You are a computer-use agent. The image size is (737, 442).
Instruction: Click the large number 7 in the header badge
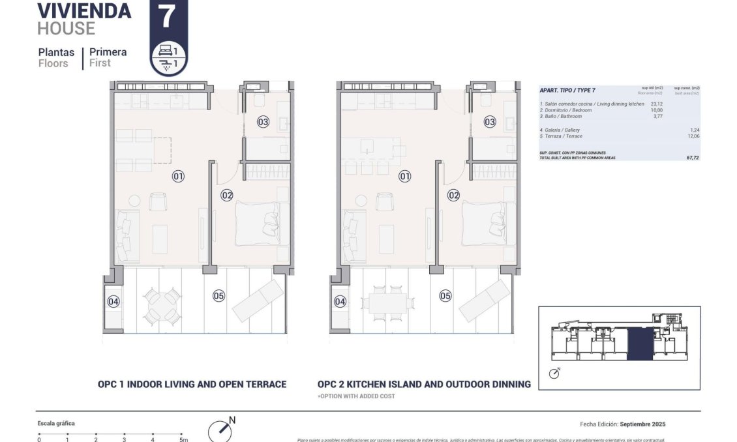[x=168, y=16]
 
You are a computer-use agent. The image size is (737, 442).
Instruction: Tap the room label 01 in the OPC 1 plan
[x=178, y=176]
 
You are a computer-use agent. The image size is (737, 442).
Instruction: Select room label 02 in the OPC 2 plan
[x=453, y=195]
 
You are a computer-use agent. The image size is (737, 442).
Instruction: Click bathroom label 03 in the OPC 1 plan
[x=263, y=122]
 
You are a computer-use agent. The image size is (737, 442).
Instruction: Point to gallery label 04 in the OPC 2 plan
[x=340, y=301]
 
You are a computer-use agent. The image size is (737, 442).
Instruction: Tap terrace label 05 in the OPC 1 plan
[x=218, y=296]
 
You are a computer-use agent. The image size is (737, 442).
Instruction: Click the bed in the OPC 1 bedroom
[x=257, y=223]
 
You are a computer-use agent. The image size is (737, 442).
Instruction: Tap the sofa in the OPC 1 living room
[x=123, y=235]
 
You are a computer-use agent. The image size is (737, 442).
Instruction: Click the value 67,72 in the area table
[x=692, y=158]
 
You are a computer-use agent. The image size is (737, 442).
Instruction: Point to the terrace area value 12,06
[x=692, y=136]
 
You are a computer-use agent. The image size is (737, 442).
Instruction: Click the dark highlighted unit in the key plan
[x=639, y=344]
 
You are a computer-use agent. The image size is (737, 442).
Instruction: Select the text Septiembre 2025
[x=642, y=424]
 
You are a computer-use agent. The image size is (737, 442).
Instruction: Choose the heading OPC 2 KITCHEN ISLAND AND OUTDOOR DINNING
[x=424, y=384]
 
